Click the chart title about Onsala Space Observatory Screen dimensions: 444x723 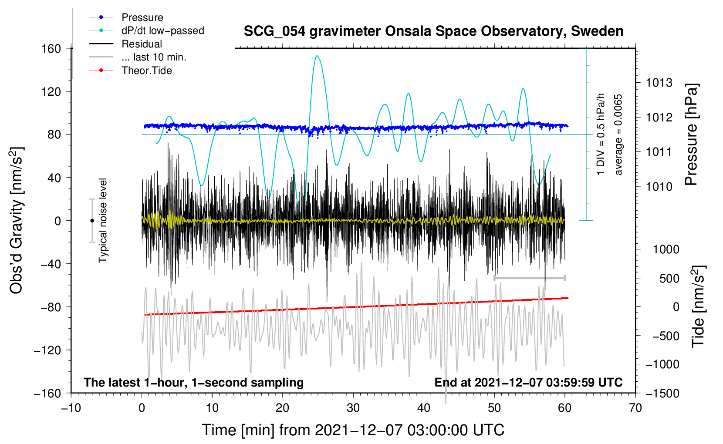click(x=433, y=31)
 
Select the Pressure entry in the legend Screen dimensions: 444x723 click(x=142, y=17)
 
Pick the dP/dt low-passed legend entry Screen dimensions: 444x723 click(x=162, y=30)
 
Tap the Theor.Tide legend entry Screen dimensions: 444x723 click(x=146, y=71)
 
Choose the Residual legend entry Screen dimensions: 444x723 click(x=142, y=44)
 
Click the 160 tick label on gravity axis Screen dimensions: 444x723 click(x=51, y=48)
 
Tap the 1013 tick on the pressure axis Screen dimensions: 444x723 click(x=659, y=83)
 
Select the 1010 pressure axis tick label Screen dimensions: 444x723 click(x=659, y=187)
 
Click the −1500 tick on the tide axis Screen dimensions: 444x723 click(x=662, y=393)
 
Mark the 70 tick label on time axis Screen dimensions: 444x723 click(x=635, y=408)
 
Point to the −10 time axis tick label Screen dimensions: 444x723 click(x=71, y=408)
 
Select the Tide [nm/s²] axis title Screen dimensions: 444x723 click(x=698, y=306)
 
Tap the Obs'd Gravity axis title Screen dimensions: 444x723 click(x=17, y=220)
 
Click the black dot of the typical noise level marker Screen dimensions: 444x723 click(x=92, y=221)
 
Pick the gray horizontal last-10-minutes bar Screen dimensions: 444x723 click(x=529, y=278)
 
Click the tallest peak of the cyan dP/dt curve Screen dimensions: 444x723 click(x=317, y=56)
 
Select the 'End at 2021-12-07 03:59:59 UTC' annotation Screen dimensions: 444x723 click(x=528, y=382)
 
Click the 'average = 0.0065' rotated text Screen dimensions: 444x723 click(x=618, y=135)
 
